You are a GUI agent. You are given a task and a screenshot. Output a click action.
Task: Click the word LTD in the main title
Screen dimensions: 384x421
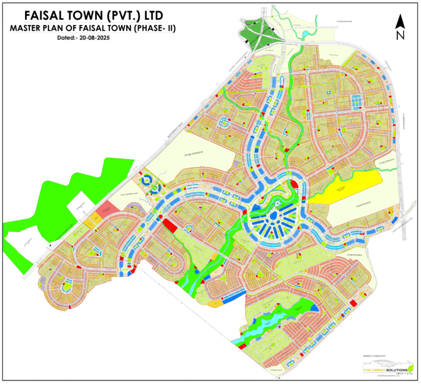[151, 16]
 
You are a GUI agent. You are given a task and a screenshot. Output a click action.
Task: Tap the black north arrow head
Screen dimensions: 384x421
[400, 21]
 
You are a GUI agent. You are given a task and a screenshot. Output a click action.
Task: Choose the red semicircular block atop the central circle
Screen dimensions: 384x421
[295, 185]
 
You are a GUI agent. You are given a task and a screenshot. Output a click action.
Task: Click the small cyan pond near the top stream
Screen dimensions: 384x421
[306, 33]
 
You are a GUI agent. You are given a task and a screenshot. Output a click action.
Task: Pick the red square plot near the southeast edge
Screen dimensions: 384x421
[353, 303]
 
